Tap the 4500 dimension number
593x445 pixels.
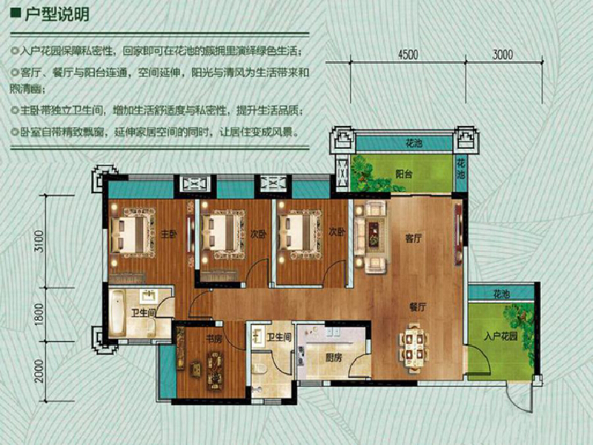point(408,54)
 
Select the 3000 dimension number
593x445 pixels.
point(503,54)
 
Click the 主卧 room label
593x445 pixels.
point(168,234)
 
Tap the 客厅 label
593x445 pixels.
point(414,239)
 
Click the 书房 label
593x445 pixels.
point(214,338)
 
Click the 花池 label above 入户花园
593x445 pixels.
point(501,294)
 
